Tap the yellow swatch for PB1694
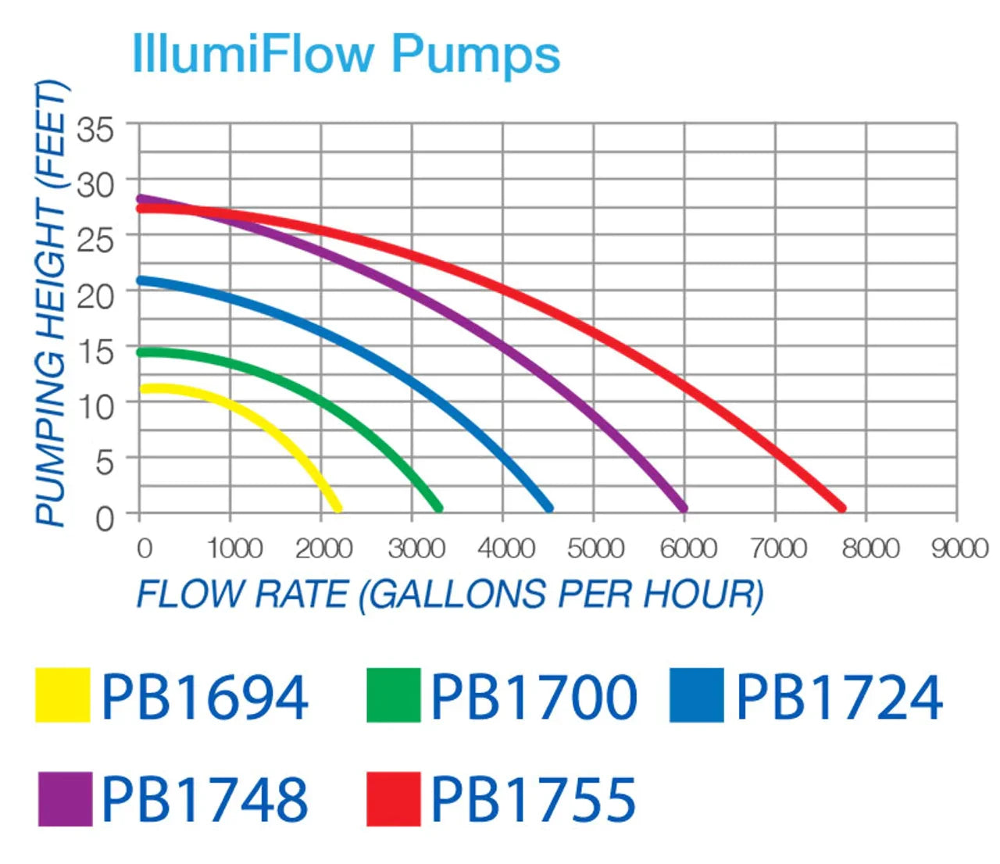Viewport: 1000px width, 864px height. [x=62, y=694]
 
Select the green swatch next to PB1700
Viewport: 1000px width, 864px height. [x=394, y=694]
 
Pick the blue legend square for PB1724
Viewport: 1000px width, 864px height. [x=697, y=694]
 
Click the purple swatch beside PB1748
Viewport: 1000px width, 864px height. [x=65, y=798]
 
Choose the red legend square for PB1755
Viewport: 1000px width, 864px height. [x=394, y=798]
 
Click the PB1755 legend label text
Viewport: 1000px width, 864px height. [x=534, y=800]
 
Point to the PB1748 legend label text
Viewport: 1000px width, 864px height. [x=205, y=800]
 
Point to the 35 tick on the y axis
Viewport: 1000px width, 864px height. [x=95, y=130]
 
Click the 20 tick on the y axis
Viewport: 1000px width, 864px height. [x=95, y=296]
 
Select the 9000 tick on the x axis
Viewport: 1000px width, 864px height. [x=959, y=548]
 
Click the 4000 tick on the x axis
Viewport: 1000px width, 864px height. [x=506, y=548]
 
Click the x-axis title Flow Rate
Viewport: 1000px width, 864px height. [x=449, y=594]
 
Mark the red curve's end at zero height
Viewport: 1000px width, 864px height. [x=841, y=508]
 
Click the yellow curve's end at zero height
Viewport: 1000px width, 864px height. [x=337, y=508]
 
